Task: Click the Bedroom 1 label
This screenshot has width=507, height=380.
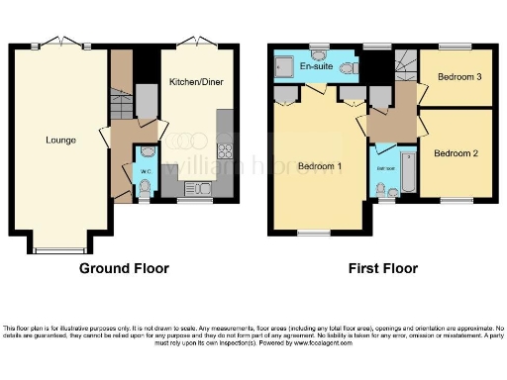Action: (x=319, y=166)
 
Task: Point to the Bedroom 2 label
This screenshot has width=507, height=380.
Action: (x=456, y=152)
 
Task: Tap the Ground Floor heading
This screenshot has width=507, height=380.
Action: (x=124, y=268)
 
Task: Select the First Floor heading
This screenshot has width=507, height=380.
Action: (x=381, y=268)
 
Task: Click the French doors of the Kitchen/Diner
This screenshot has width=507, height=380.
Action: (x=195, y=44)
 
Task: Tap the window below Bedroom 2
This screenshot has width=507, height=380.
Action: (x=456, y=201)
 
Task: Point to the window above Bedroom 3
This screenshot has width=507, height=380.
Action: (x=454, y=45)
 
